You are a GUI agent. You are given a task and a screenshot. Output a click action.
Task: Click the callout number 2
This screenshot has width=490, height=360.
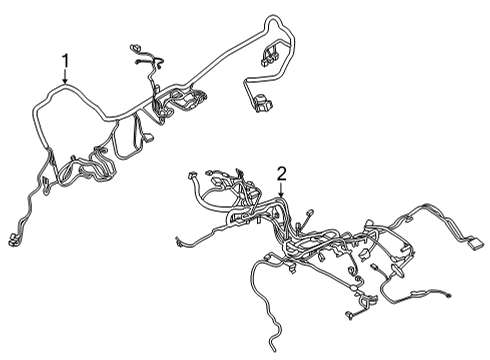point(282,173)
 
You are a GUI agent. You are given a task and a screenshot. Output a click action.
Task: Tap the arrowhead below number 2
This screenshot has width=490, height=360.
point(282,197)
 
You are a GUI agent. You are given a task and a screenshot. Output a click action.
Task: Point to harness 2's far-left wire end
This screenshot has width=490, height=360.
point(177,241)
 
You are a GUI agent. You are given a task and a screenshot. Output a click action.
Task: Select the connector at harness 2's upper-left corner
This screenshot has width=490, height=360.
point(193,177)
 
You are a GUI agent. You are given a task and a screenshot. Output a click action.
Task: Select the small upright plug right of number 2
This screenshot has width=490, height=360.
point(312,215)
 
